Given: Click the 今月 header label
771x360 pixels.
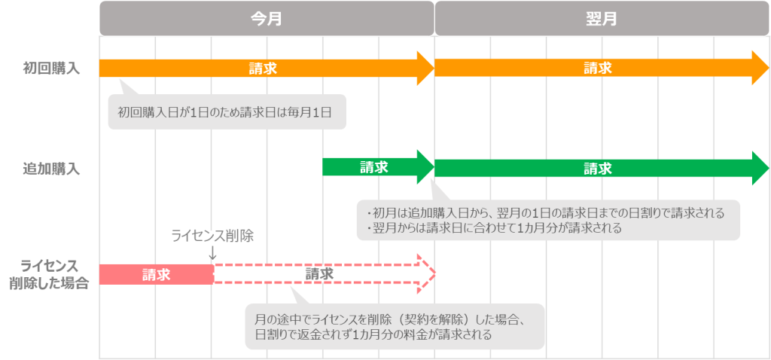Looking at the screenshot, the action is (266, 19).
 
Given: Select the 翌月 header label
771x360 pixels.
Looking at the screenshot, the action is (602, 19).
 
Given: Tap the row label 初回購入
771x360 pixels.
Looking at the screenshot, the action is (51, 69).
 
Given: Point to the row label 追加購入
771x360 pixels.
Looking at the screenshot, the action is (51, 169).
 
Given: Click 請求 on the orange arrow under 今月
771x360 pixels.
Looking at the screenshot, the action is (263, 69).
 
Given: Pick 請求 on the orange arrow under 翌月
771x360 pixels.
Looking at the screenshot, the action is (598, 68).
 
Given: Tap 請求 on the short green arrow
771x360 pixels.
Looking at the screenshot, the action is (373, 167).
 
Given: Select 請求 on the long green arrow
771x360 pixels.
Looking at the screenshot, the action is (598, 169).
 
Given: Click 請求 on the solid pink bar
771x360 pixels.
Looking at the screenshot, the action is (157, 274).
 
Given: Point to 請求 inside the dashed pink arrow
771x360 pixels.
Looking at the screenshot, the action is (319, 274).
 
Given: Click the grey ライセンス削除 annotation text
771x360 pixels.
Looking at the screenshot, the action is (212, 236).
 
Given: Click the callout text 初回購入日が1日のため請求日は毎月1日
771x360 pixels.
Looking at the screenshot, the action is (224, 112).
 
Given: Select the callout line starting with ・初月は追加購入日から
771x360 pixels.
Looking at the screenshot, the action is (545, 213).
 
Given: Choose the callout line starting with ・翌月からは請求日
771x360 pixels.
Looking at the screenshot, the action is (494, 228).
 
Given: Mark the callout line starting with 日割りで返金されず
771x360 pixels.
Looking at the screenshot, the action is (373, 335).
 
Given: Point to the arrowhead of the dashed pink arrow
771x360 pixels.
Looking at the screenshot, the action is (426, 274).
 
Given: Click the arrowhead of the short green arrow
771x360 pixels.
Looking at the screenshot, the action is (425, 167).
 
